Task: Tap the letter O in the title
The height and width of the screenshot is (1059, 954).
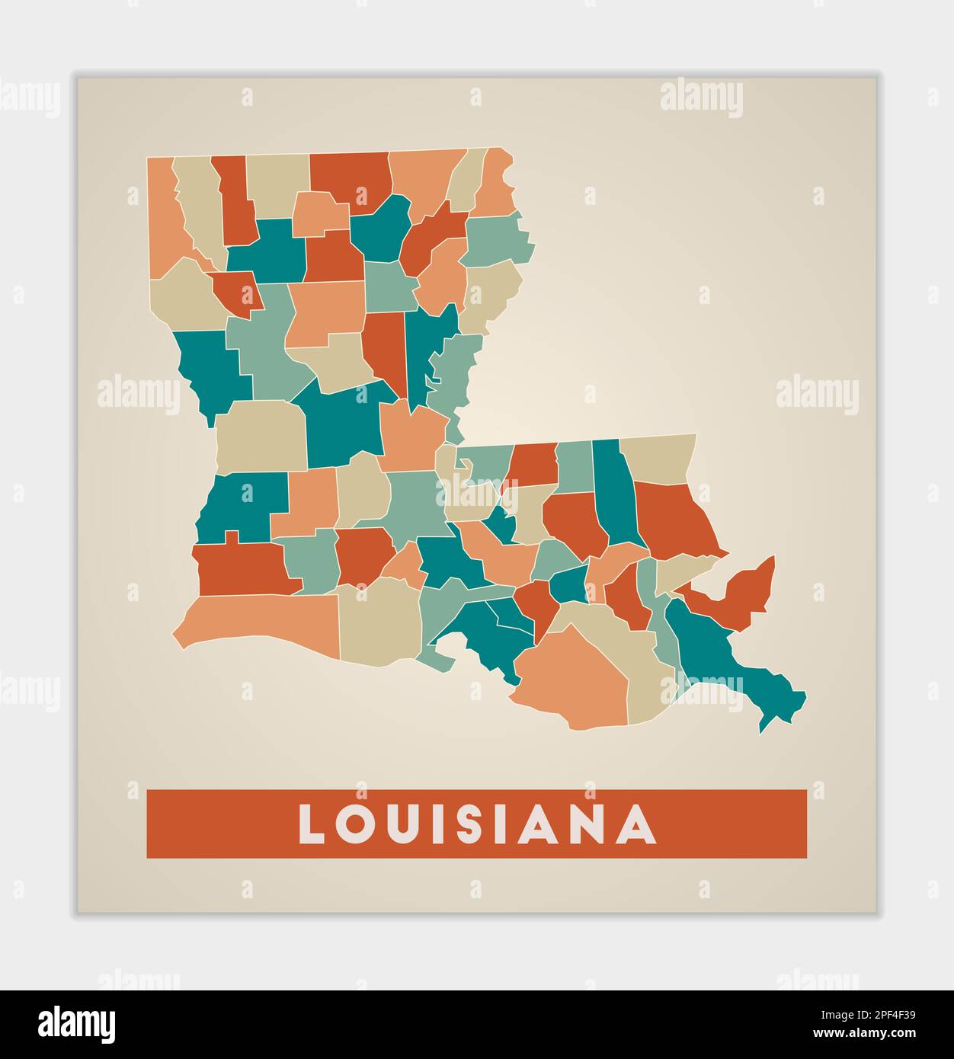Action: click(x=358, y=824)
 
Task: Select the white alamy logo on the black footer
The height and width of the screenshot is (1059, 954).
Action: click(x=76, y=1024)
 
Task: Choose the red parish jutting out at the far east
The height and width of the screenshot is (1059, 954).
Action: click(x=743, y=594)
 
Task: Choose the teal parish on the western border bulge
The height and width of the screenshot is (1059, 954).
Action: click(x=210, y=366)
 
